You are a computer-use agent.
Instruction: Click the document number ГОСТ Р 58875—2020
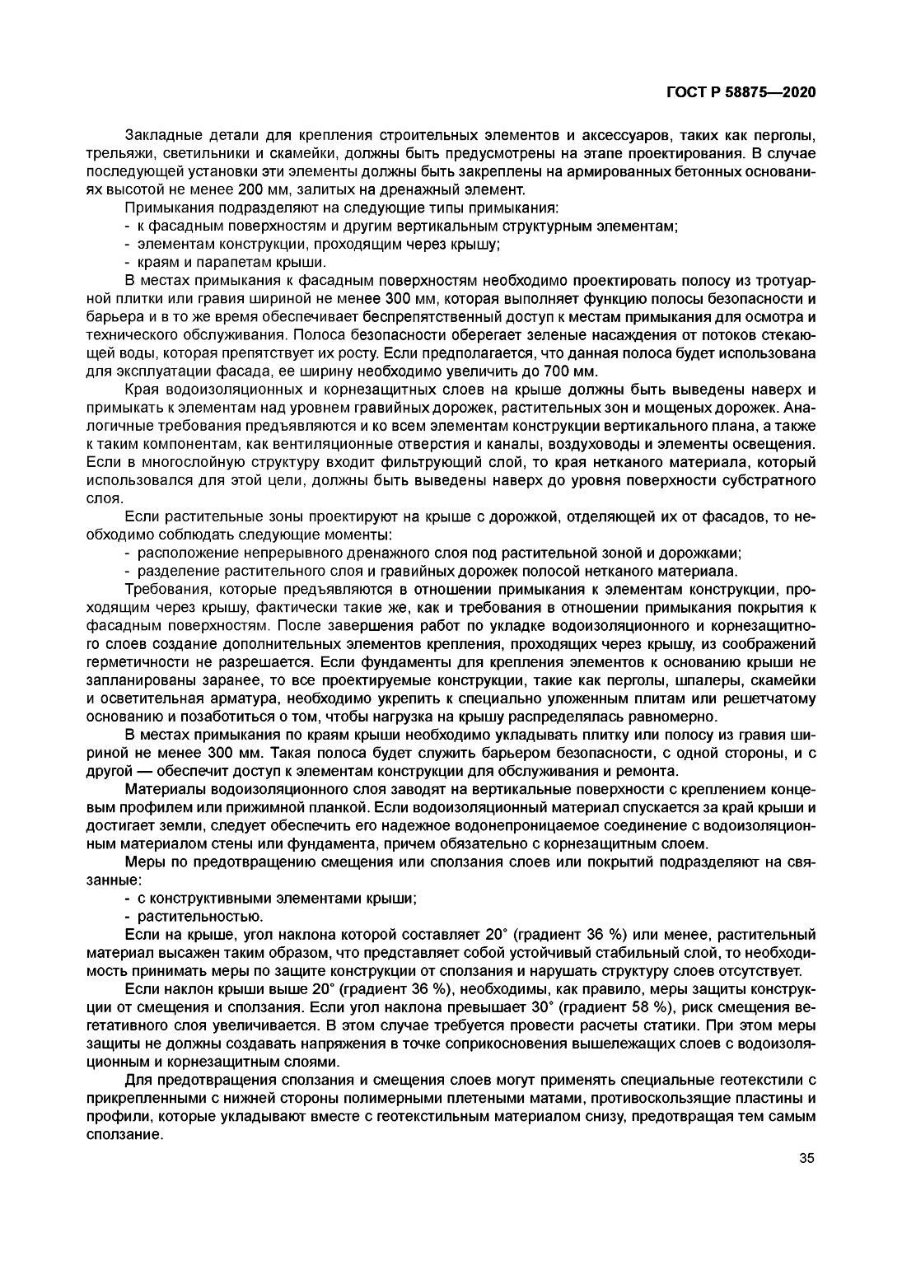(741, 92)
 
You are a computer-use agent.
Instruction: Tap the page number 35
(806, 1158)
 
